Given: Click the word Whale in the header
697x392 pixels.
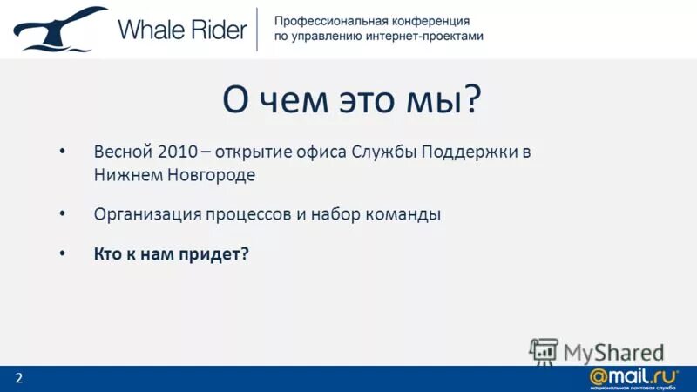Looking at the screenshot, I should click(149, 30).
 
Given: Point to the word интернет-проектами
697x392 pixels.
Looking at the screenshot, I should click(426, 37).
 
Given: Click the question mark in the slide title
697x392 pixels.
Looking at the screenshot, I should click(471, 99).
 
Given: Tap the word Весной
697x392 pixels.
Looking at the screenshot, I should click(123, 151).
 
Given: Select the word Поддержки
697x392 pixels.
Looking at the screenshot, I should click(471, 151).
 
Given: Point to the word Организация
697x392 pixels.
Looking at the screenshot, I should click(145, 213).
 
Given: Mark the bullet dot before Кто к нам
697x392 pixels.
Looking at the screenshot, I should click(62, 252).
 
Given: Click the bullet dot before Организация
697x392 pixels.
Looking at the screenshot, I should click(62, 212).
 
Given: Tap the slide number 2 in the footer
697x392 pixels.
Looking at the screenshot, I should click(18, 377).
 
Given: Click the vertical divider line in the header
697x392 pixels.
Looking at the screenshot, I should click(256, 29).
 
